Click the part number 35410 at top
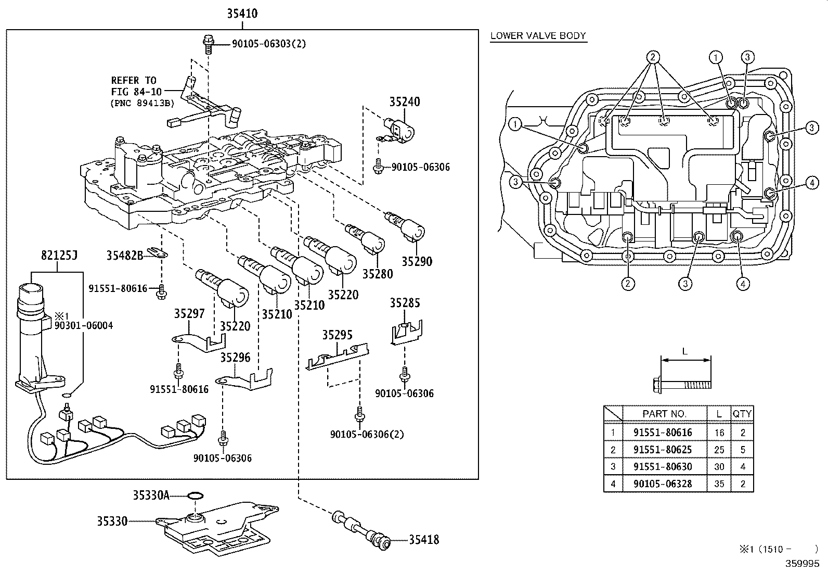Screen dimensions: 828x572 tap(242, 14)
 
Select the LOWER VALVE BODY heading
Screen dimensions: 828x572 tap(538, 36)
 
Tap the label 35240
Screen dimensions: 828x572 tap(405, 101)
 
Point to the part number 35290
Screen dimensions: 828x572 tap(417, 262)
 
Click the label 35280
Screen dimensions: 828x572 tap(378, 274)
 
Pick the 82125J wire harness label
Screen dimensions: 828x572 tap(59, 255)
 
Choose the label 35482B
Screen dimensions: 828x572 tap(125, 255)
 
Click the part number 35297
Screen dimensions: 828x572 tap(189, 314)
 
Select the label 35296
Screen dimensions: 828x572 tap(236, 358)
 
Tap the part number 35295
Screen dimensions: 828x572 tap(338, 335)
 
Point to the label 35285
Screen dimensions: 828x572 tap(405, 303)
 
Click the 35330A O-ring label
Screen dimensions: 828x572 tap(151, 495)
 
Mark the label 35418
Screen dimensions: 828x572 tap(424, 540)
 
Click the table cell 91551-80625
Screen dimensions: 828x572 tap(663, 450)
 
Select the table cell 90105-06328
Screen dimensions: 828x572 tap(663, 484)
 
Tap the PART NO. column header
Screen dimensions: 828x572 tap(664, 414)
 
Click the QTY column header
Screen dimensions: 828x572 tap(742, 414)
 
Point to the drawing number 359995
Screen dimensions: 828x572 tap(803, 564)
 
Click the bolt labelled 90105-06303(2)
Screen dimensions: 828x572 tap(209, 44)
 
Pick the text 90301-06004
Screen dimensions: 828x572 tap(84, 326)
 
